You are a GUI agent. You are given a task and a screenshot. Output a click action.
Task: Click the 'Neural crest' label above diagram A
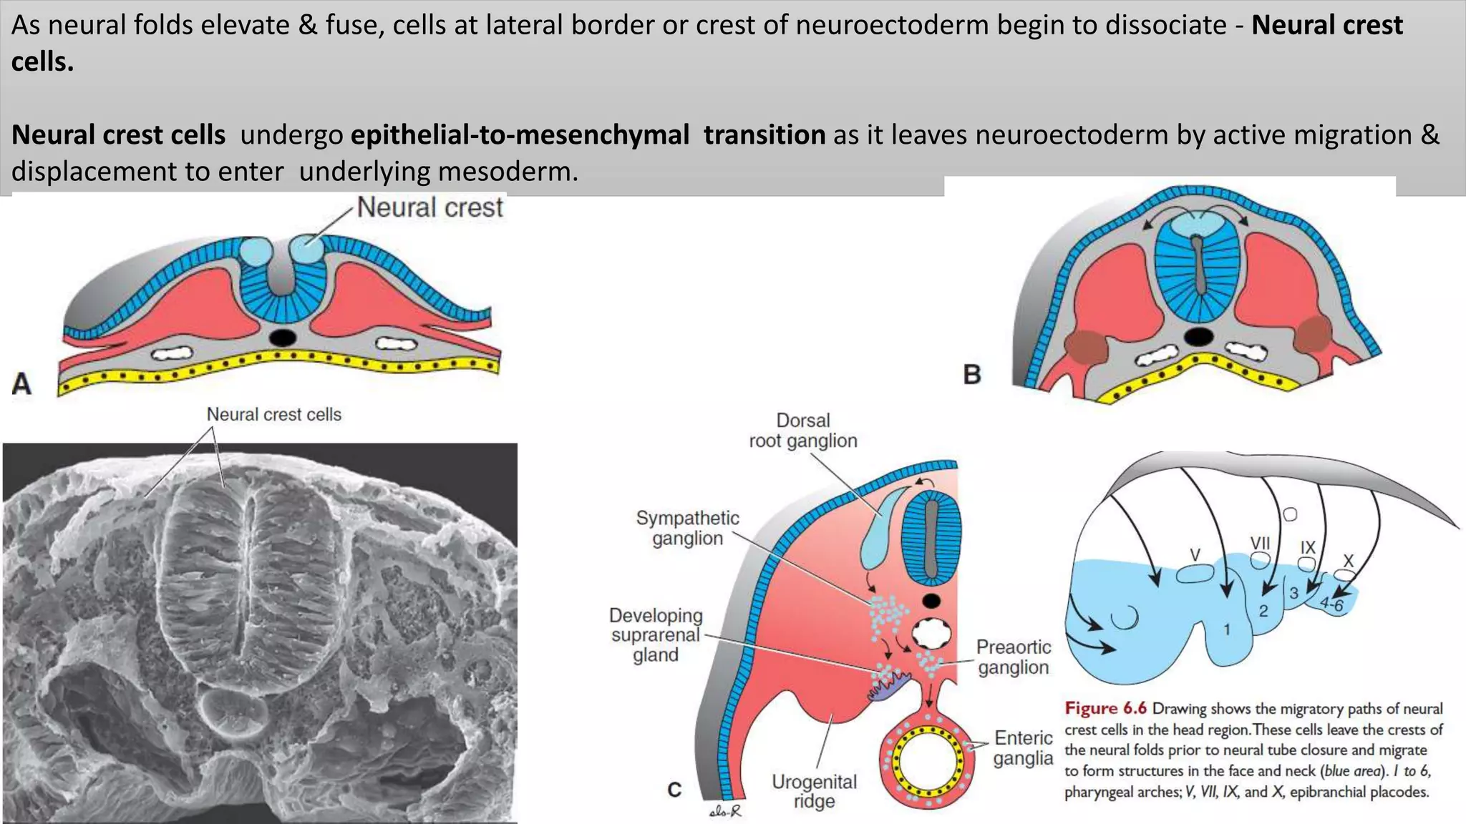coord(429,207)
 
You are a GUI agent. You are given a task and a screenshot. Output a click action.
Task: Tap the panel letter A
coord(21,384)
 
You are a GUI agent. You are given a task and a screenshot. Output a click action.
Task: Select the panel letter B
coord(972,374)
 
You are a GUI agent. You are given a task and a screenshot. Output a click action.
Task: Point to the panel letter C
coord(674,790)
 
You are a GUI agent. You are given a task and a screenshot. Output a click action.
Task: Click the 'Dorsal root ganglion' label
coord(803,431)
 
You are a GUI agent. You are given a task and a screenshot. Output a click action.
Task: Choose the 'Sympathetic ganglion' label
coord(687,528)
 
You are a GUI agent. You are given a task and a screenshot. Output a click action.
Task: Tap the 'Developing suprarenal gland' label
coord(656,635)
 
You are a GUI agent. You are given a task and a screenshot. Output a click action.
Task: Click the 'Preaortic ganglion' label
coord(1014,657)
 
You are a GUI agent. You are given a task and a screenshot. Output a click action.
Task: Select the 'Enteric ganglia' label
coord(1023,747)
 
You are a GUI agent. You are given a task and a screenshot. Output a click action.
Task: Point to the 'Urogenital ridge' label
coord(814,791)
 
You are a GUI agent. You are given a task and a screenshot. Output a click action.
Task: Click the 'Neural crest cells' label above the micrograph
coord(273,414)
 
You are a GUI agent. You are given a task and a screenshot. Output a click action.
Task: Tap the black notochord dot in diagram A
coord(283,337)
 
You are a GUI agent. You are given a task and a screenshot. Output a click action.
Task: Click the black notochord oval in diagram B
coord(1198,336)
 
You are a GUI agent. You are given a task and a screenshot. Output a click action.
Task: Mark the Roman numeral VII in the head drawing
coord(1260,544)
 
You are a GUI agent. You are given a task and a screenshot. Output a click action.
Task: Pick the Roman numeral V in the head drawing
coord(1195,555)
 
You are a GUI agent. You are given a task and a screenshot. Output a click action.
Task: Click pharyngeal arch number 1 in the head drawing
coord(1227,629)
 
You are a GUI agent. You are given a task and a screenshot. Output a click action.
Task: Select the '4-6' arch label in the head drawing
coord(1332,604)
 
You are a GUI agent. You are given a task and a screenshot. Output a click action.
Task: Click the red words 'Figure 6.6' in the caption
coord(1105,708)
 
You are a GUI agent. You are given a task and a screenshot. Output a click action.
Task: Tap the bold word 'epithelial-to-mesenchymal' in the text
coord(520,134)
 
